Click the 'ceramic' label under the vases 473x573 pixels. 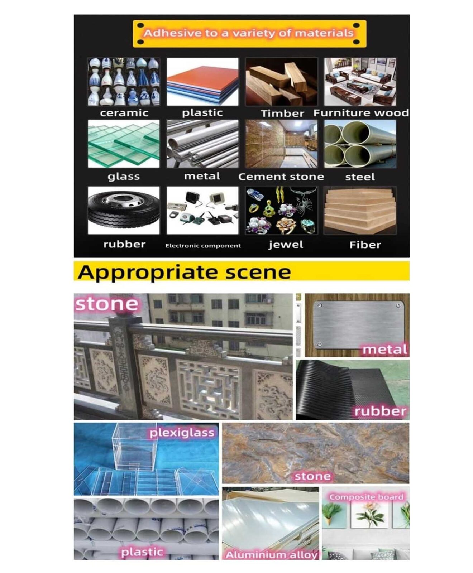(124, 113)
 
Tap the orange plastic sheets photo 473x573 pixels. (202, 82)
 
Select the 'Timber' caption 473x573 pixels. (282, 114)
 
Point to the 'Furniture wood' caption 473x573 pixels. (361, 113)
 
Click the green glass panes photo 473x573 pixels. (124, 144)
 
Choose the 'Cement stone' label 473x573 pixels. (281, 177)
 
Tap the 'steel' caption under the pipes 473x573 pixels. (360, 177)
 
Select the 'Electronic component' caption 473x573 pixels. (203, 246)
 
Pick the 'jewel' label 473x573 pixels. (286, 245)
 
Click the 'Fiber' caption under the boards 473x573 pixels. (365, 245)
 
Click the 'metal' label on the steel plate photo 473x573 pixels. (385, 350)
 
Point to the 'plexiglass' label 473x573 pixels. (182, 433)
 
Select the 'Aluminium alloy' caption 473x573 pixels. (271, 555)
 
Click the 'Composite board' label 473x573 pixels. (366, 497)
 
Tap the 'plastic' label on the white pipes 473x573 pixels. (142, 552)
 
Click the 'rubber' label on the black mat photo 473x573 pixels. (380, 411)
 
